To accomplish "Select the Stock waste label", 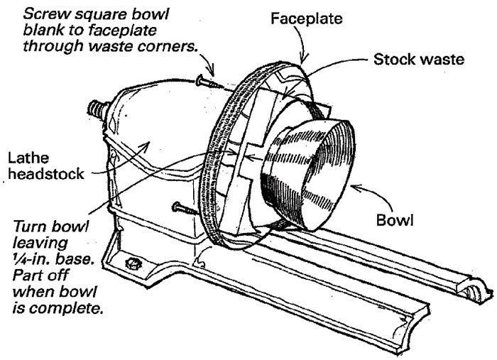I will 419,59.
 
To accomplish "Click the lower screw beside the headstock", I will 183,209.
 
